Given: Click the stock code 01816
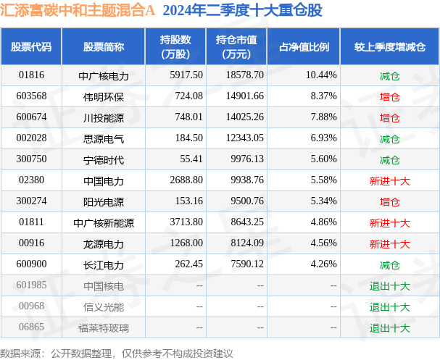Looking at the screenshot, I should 32,75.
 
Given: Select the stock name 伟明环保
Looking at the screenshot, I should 104,96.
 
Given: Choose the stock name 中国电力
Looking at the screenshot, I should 104,180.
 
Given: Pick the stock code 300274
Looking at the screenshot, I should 32,201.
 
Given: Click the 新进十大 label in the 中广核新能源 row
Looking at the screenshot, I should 389,223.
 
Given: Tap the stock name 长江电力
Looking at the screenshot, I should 104,264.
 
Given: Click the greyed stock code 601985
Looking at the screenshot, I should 32,285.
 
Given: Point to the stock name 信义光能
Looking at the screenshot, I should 104,306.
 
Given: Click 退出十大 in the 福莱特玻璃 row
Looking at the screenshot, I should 389,327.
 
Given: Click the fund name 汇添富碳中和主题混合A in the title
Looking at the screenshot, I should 78,11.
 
